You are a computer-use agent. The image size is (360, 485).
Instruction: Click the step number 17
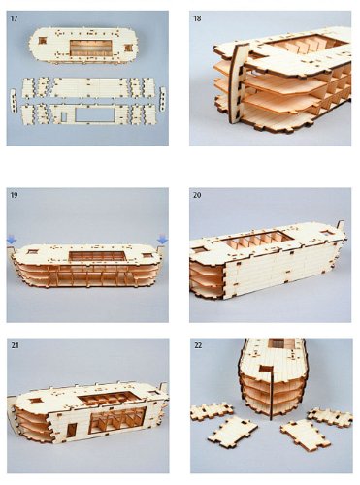click(x=15, y=17)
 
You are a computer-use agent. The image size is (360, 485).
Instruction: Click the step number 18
click(x=198, y=17)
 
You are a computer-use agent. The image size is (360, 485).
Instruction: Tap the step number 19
click(x=15, y=194)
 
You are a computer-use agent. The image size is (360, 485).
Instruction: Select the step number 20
click(x=198, y=194)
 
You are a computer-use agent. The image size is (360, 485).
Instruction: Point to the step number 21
click(x=15, y=344)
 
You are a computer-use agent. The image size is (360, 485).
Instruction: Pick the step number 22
click(x=198, y=344)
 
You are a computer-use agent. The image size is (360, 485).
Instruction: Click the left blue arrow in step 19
click(x=12, y=239)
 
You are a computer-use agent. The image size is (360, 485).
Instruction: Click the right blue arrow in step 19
click(x=162, y=239)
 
